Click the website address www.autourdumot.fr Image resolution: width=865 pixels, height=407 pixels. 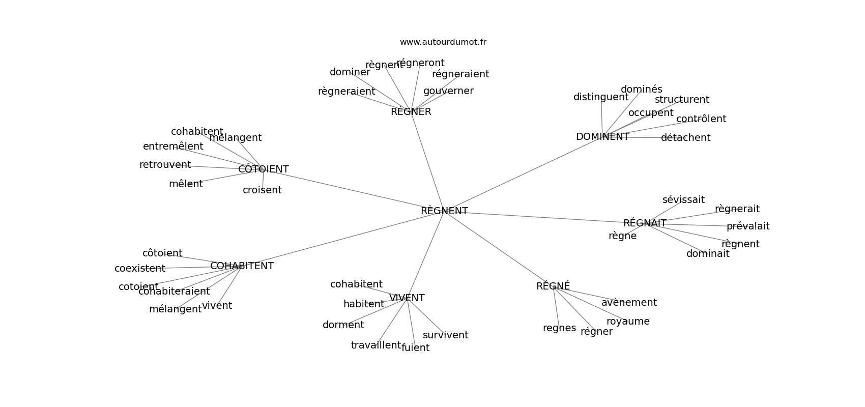coord(443,42)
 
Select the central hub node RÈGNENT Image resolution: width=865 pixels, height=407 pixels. coord(444,211)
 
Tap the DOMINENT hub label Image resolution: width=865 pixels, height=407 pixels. coord(602,137)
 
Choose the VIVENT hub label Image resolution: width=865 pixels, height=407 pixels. coord(407,298)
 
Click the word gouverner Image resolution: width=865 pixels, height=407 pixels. coord(448,91)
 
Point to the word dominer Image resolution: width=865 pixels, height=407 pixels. coord(350,72)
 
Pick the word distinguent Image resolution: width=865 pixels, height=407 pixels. coord(601,97)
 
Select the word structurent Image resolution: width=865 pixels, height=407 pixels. coord(682,100)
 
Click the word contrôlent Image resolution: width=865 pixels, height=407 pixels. coord(701,119)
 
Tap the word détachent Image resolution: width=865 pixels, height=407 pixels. coord(685,138)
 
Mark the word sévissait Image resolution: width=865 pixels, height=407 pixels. coord(683,200)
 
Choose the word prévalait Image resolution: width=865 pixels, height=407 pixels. coord(748,226)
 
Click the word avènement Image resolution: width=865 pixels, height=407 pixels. coord(629,303)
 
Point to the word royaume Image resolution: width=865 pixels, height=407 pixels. coord(628,322)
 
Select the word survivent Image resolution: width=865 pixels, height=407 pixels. coord(445,335)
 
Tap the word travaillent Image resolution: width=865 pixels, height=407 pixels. coord(376,345)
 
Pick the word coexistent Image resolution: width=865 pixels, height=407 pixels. coord(139,269)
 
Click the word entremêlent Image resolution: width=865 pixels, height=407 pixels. coord(173,147)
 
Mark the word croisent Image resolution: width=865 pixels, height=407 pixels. coord(262,190)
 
